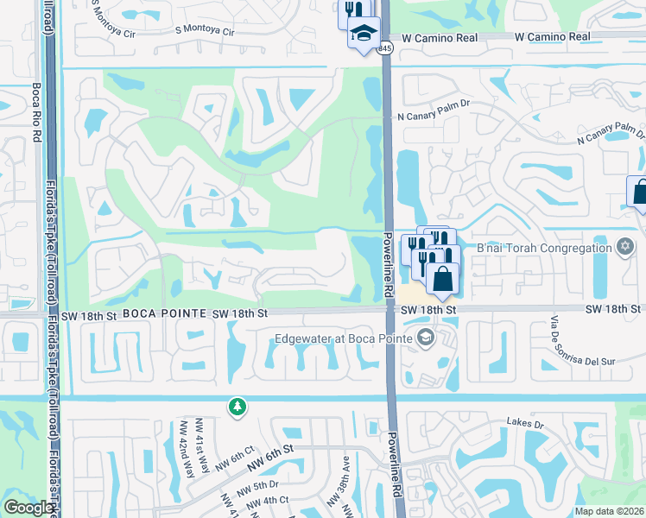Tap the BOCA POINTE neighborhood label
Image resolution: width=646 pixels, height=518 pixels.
pos(164,314)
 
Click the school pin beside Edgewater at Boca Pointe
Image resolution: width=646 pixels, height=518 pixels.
pos(425,338)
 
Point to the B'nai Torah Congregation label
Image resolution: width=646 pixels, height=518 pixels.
pos(544,249)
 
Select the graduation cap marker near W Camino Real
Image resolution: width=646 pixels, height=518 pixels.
pos(364,35)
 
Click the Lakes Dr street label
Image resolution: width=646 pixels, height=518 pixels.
pos(526,425)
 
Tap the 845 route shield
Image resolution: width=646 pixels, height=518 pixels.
pos(385,49)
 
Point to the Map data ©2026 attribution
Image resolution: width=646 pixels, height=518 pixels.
pos(609,511)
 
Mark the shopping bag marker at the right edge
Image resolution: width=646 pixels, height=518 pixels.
pos(639,193)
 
